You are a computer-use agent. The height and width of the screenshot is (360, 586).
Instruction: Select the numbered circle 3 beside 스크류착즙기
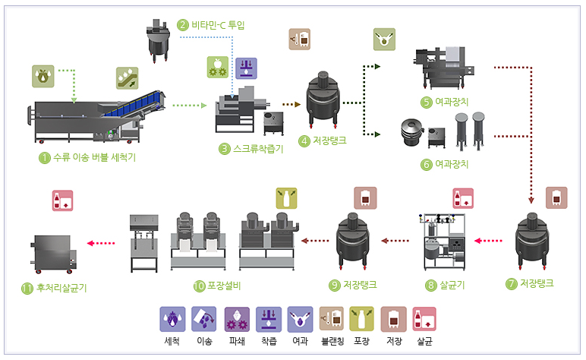tap(224, 149)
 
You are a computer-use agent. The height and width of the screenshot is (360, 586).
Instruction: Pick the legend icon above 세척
tap(172, 319)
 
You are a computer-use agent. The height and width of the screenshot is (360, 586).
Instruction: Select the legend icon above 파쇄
tap(237, 319)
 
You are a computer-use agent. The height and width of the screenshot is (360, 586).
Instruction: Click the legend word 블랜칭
tap(332, 341)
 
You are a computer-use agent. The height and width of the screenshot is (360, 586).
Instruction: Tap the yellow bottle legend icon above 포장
tap(361, 319)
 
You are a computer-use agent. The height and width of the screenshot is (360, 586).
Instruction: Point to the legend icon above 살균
tap(424, 319)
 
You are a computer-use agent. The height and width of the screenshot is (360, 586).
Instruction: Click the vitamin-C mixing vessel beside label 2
tap(159, 41)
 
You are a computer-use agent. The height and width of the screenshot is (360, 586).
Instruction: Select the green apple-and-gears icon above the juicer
tap(218, 68)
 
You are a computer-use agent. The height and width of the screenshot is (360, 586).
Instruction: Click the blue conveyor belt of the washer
tap(133, 105)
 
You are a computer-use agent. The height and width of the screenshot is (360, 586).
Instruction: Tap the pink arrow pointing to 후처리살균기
tap(101, 243)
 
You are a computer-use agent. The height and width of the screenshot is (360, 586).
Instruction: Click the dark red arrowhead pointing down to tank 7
tap(531, 201)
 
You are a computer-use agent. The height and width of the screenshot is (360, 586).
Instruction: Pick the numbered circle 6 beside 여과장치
tap(427, 165)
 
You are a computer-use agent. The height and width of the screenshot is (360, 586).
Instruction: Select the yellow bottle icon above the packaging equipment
tap(286, 198)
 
